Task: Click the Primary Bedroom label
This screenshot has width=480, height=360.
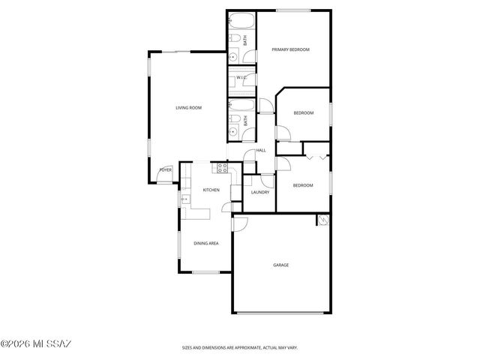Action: click(290, 49)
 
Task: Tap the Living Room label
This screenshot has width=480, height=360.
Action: click(189, 108)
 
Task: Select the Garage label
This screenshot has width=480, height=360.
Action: click(280, 265)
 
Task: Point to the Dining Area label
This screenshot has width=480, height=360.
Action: click(206, 243)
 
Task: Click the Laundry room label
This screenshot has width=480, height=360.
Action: click(259, 192)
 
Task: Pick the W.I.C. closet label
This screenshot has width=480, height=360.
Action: click(241, 77)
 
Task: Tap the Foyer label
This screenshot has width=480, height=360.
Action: click(165, 170)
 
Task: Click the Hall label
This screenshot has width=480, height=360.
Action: click(261, 150)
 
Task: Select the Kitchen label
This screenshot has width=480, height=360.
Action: click(211, 190)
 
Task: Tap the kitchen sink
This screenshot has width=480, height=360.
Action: click(184, 199)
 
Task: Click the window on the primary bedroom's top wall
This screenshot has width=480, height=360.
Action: click(292, 10)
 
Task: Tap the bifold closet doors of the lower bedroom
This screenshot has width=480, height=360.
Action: click(316, 157)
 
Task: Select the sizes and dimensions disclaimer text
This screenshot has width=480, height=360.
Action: click(239, 347)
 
